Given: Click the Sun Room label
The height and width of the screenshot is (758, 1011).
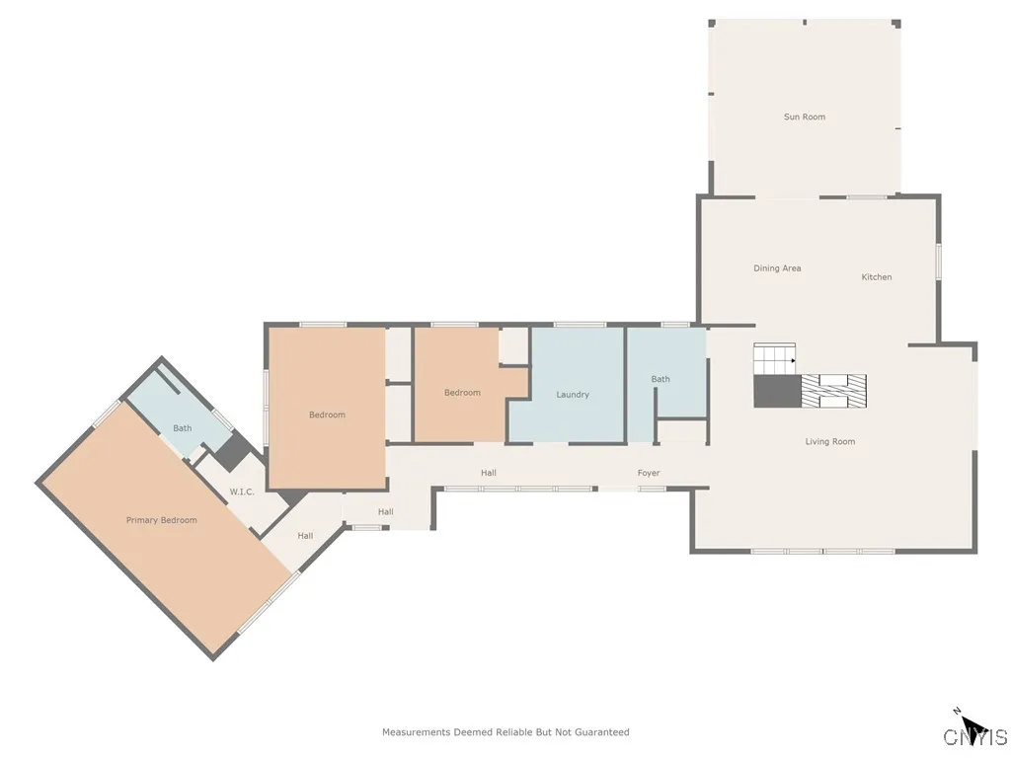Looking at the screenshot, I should (804, 117).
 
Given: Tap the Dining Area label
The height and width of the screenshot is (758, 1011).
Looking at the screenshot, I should (777, 268).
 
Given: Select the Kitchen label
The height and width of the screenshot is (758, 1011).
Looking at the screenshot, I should (876, 277).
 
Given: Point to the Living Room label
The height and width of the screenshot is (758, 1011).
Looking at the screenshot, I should (829, 442).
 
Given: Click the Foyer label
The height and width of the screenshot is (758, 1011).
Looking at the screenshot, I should (648, 474).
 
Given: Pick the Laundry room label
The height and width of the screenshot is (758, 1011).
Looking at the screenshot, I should (573, 395).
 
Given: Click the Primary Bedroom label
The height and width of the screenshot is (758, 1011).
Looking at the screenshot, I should (161, 520).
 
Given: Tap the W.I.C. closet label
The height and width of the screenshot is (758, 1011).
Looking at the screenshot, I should (242, 492).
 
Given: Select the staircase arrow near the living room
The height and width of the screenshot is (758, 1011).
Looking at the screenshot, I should (792, 361).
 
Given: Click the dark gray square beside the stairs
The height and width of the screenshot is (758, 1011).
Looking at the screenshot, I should (776, 391).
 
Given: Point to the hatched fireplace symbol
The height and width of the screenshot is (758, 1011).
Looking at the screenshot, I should (833, 390).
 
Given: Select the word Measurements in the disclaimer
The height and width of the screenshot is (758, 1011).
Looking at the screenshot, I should (416, 732).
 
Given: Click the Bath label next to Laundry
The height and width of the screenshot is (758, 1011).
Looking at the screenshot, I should (660, 379).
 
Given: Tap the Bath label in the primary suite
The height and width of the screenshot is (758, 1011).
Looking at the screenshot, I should (182, 428).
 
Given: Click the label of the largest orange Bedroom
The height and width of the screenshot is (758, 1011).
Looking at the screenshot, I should (327, 416).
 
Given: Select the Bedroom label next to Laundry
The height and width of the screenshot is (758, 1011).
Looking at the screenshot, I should (461, 393).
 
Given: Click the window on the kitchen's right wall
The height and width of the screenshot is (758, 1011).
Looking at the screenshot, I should (938, 262).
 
